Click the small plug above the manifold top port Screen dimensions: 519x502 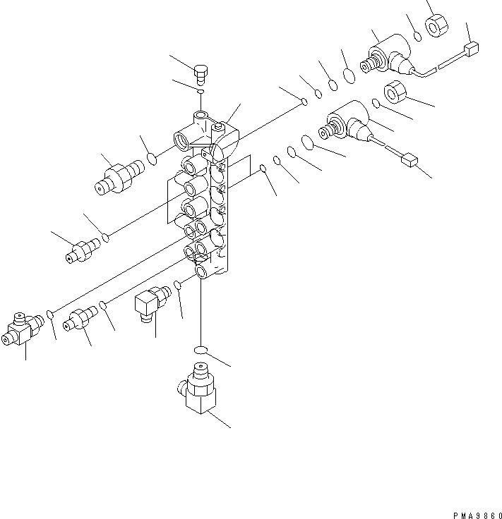[x=202, y=73]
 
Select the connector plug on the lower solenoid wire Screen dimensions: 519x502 [x=408, y=161]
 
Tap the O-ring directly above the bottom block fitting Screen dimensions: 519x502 [x=201, y=350]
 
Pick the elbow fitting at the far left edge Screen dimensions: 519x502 [x=23, y=330]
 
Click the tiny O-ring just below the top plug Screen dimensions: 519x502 [x=201, y=92]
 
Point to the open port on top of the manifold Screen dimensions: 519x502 [x=202, y=115]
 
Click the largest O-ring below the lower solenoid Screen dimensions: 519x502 [x=306, y=143]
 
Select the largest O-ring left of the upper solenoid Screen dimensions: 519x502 [x=349, y=75]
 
